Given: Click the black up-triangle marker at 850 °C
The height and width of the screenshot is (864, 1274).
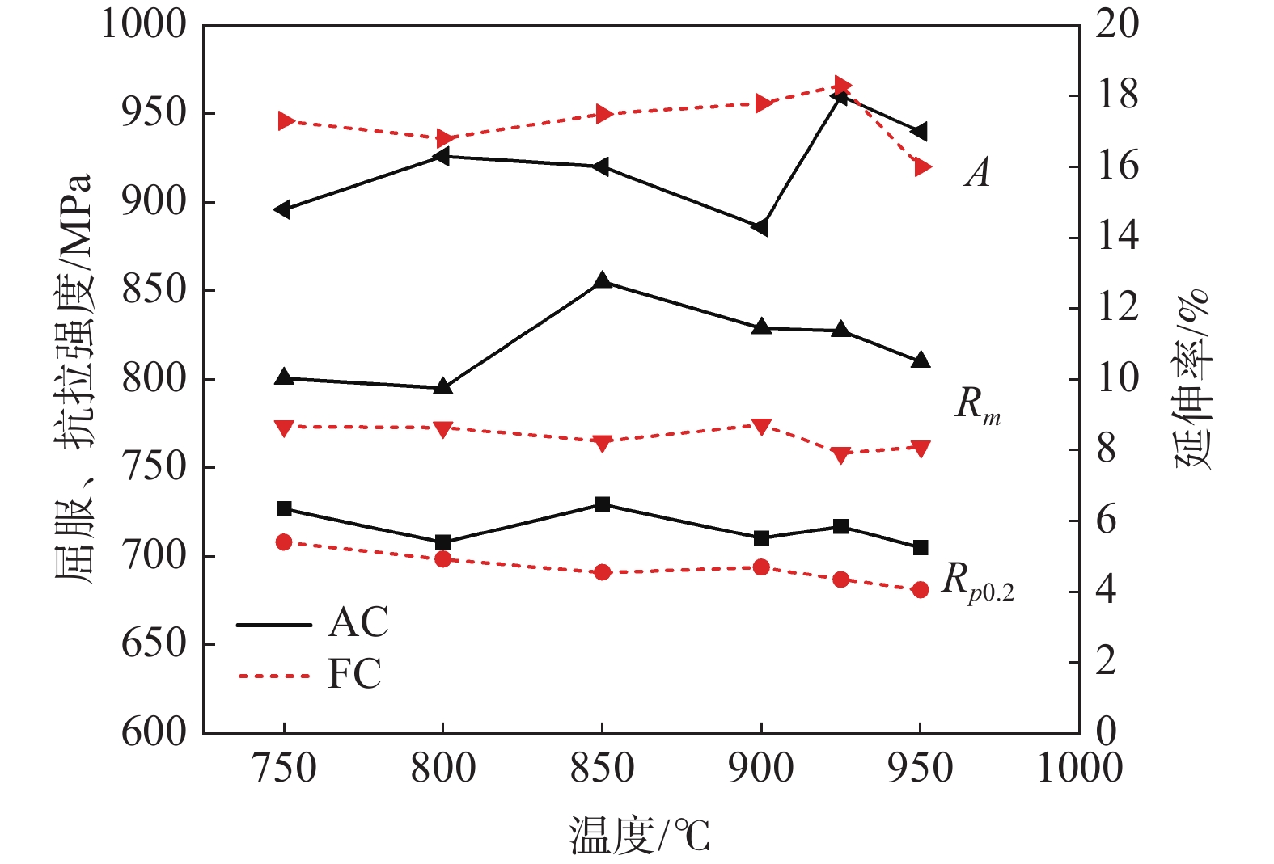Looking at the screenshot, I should [x=602, y=281].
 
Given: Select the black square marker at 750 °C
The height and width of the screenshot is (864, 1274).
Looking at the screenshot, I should [x=284, y=509].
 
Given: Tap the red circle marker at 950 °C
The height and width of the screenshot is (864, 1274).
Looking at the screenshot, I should [x=920, y=590].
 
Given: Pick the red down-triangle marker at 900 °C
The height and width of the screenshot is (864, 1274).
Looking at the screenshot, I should [x=761, y=426].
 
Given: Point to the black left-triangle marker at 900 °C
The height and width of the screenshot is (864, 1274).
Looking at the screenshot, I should [x=760, y=228].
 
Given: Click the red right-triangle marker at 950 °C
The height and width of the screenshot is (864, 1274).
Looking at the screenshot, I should [x=922, y=167].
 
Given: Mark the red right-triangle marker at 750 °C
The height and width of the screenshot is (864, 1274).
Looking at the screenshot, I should [x=286, y=121].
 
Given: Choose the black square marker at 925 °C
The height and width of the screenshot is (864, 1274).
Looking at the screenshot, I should [x=841, y=527].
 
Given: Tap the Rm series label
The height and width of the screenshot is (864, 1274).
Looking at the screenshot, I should [x=978, y=405].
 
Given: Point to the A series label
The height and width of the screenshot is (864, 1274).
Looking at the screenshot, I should [x=978, y=172].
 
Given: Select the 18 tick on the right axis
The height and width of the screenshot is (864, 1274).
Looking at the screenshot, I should [x=1117, y=95].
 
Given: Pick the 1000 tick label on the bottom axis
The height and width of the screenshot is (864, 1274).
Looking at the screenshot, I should [x=1079, y=769].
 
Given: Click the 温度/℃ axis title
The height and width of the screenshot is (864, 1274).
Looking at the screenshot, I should [x=640, y=836].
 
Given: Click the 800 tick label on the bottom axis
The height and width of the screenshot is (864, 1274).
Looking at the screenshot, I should [x=442, y=769].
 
